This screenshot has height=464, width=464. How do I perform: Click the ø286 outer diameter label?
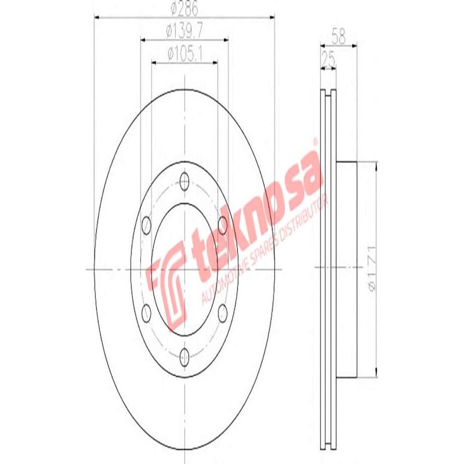[184, 10]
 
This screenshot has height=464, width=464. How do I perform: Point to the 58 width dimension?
[338, 37]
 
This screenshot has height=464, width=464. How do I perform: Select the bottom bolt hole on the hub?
[184, 356]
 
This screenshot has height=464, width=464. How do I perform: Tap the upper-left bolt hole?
[146, 223]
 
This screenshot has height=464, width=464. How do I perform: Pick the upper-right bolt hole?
[223, 223]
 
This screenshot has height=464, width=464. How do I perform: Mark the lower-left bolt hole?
[146, 312]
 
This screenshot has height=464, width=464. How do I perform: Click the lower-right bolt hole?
[223, 312]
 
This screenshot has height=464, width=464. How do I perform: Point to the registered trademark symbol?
[315, 141]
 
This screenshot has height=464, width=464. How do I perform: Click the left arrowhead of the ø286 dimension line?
[97, 17]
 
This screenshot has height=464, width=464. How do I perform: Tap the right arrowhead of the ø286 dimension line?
[271, 17]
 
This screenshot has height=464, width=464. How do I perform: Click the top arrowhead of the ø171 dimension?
[378, 166]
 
